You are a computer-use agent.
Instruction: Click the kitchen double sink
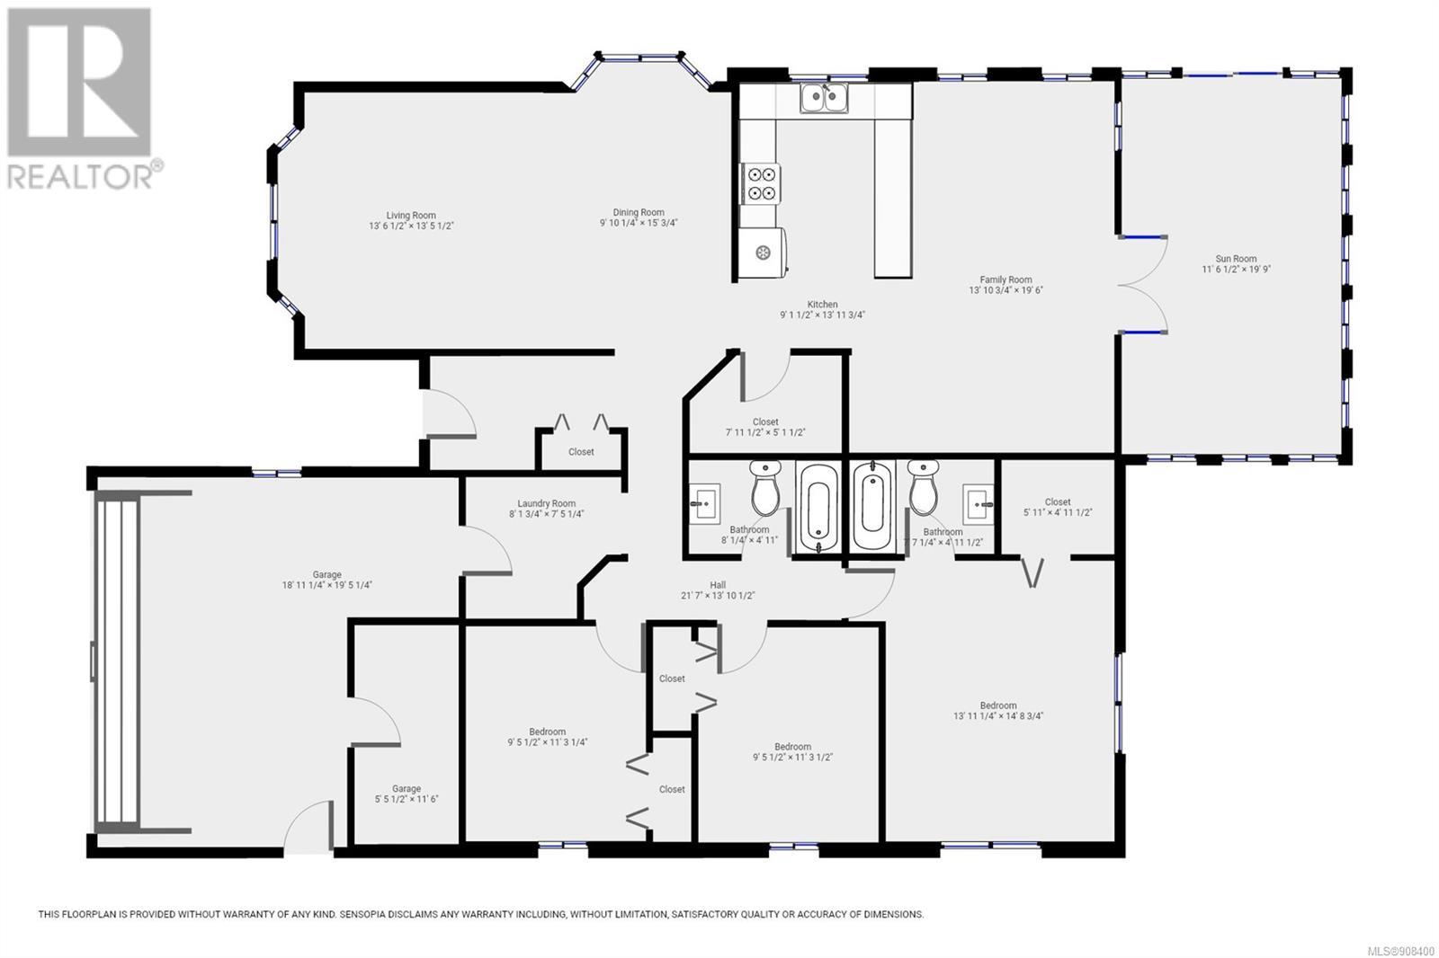click(824, 98)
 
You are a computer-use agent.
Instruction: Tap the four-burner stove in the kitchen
click(761, 183)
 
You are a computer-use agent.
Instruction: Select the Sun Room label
click(1236, 264)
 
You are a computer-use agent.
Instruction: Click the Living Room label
click(411, 220)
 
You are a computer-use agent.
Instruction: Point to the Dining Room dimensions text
click(639, 223)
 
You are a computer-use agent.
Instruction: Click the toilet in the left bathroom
click(765, 487)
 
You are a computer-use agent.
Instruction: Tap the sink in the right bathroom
click(978, 504)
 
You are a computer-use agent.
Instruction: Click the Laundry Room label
click(547, 509)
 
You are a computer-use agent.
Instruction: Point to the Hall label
click(718, 590)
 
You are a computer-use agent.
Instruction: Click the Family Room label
click(1006, 285)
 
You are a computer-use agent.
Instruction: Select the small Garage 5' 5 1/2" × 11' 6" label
click(407, 794)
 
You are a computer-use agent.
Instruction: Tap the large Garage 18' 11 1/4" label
click(327, 580)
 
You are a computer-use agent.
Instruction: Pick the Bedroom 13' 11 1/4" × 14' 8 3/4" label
click(998, 710)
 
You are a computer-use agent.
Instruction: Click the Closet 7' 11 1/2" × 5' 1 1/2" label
click(765, 427)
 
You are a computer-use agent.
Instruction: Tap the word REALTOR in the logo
click(80, 176)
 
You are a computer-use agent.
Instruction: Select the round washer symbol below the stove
click(763, 253)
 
